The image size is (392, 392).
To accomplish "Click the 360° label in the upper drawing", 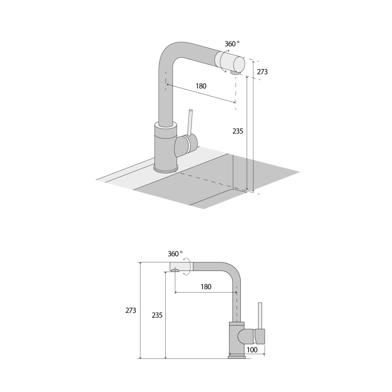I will pyautogui.click(x=232, y=44).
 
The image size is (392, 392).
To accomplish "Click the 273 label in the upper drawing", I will pyautogui.click(x=262, y=71).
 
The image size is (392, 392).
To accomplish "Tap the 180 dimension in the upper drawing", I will pyautogui.click(x=201, y=86).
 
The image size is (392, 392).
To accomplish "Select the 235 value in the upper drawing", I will pyautogui.click(x=238, y=131).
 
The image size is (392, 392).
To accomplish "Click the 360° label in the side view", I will pyautogui.click(x=175, y=253).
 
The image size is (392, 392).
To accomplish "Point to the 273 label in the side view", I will pyautogui.click(x=131, y=310).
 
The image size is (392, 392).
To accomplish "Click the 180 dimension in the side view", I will pyautogui.click(x=205, y=286).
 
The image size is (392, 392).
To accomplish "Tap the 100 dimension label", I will pyautogui.click(x=252, y=350).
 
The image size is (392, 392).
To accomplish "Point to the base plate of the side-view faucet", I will pyautogui.click(x=237, y=357).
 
